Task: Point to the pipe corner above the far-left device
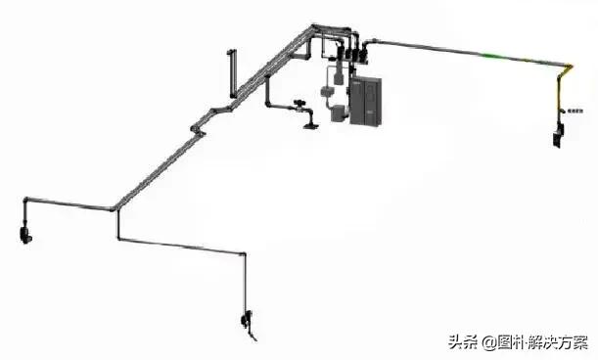[x=25, y=200]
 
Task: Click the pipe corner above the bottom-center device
[x=241, y=253]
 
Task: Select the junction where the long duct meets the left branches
[x=115, y=206]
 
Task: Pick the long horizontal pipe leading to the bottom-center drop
[x=181, y=244]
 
